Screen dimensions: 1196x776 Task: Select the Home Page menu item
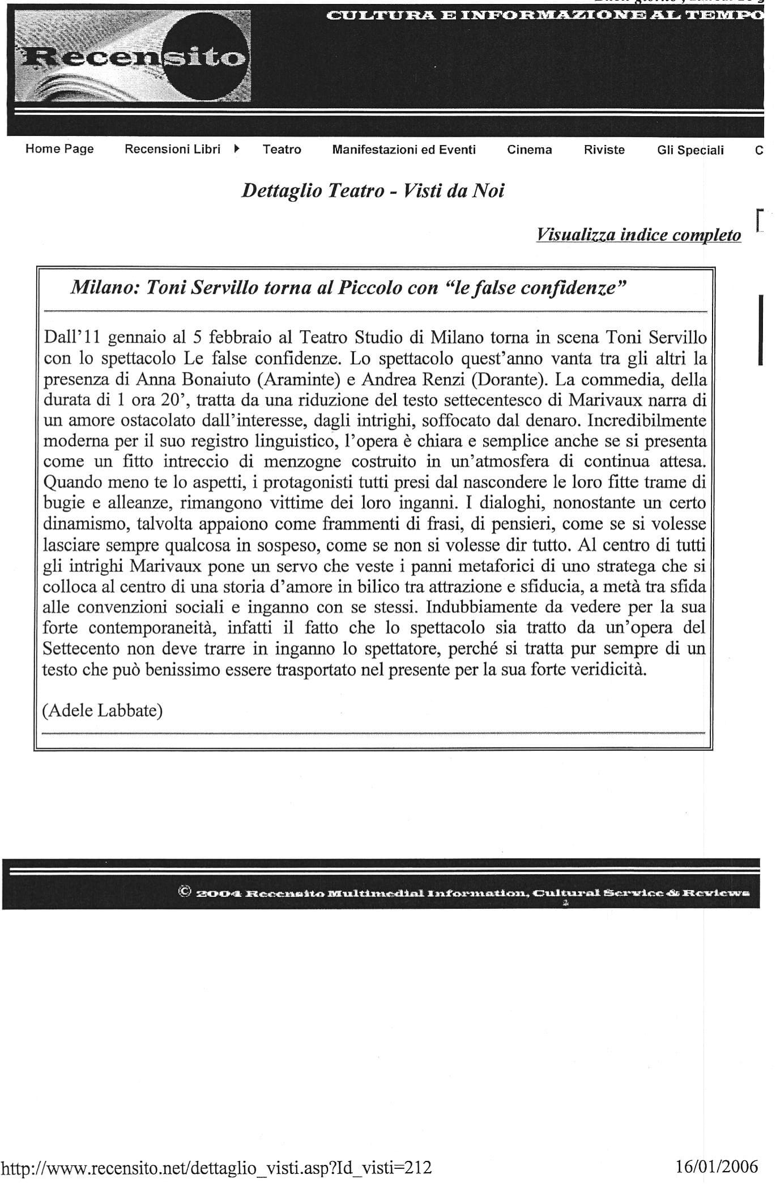point(59,149)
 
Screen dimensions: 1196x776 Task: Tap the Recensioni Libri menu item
point(172,149)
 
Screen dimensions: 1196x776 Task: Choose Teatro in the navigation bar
point(282,149)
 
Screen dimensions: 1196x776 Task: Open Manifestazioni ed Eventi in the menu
point(404,149)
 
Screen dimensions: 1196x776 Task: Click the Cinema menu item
point(529,149)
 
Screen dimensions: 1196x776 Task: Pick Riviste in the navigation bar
point(604,149)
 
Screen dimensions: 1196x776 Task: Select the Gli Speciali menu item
point(690,149)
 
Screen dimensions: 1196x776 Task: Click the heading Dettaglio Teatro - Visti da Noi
point(373,191)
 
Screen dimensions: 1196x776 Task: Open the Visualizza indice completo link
point(638,234)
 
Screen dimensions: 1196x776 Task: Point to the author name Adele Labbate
point(103,710)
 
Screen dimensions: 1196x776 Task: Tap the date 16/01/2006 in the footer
point(717,1168)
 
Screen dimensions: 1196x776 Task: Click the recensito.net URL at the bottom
point(217,1168)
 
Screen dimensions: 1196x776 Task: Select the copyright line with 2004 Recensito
point(464,893)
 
